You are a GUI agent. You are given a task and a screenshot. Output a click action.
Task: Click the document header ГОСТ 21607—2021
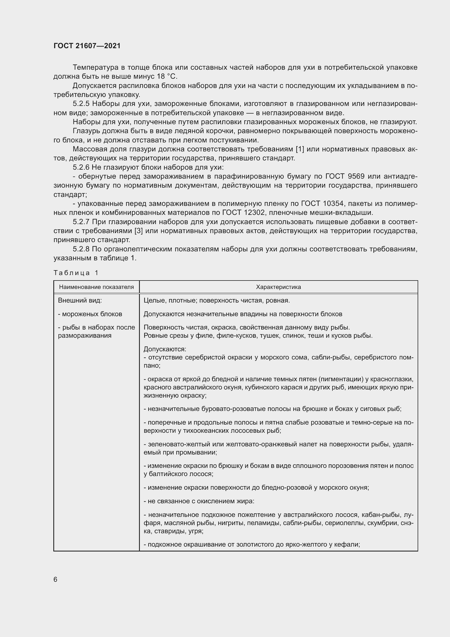click(x=87, y=46)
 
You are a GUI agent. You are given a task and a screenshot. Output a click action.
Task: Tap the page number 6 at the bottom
click(x=56, y=579)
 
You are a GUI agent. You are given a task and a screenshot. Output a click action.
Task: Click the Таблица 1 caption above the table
click(x=76, y=273)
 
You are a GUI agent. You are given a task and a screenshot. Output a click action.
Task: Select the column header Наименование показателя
click(x=96, y=287)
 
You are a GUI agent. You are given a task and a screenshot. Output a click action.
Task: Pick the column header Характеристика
click(x=278, y=287)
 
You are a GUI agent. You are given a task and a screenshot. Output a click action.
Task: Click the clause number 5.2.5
click(x=81, y=104)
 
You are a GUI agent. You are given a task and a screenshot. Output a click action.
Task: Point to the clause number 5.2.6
click(x=81, y=167)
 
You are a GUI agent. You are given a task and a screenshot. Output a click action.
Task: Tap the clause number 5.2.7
click(x=81, y=222)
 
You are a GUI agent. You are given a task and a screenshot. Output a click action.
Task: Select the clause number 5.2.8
click(x=81, y=249)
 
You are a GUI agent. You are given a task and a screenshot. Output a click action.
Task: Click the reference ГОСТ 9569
click(x=345, y=176)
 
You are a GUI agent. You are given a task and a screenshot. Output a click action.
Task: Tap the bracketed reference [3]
click(x=138, y=231)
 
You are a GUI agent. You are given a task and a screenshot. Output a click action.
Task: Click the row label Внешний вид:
click(x=80, y=300)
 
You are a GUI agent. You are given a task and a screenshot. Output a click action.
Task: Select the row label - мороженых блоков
click(x=90, y=314)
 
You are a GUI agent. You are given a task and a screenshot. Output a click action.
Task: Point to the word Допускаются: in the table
click(x=165, y=349)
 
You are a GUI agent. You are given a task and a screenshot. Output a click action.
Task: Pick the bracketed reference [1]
click(x=300, y=149)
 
